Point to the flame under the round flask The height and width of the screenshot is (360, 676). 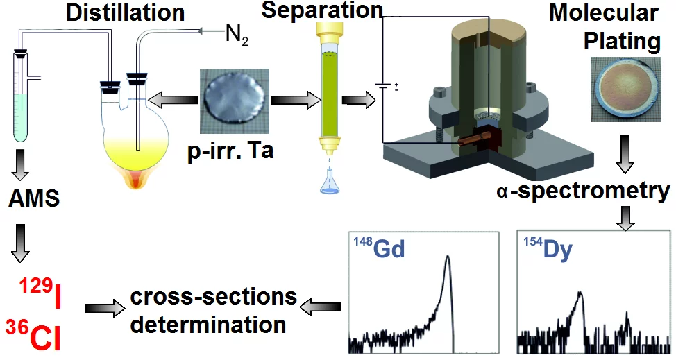[138, 182]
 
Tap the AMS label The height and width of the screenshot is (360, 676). [34, 201]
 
